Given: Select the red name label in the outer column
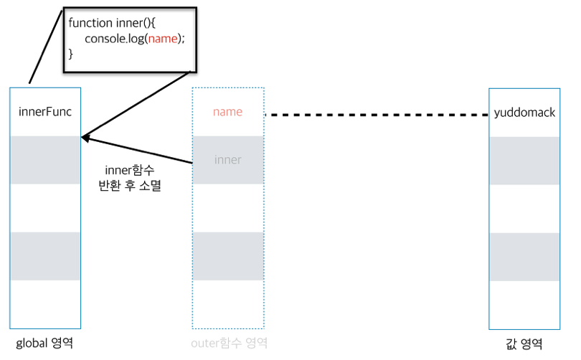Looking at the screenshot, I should pos(227,112).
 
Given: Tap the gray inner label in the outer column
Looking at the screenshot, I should pos(227,159).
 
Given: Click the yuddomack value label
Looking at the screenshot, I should pos(524,113).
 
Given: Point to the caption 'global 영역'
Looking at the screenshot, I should pos(44,344).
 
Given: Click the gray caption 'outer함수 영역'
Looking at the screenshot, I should pos(228,344).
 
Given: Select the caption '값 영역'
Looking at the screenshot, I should pos(524,344).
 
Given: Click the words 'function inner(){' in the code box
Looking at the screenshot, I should pos(107,23).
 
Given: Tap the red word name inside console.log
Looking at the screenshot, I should pos(163,39).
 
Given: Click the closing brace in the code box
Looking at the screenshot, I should pos(71,54).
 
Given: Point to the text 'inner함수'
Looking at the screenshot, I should pos(130,170).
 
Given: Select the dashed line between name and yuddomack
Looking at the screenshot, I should pos(377,115).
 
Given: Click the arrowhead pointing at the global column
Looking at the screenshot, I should pos(85,137).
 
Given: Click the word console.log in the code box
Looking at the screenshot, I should pos(115,39).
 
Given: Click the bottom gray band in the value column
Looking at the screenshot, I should pos(524,256).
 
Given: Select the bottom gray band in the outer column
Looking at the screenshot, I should pos(228,256).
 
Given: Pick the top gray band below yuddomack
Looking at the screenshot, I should pos(524,160).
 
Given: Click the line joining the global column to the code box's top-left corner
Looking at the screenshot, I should pos(44,47).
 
